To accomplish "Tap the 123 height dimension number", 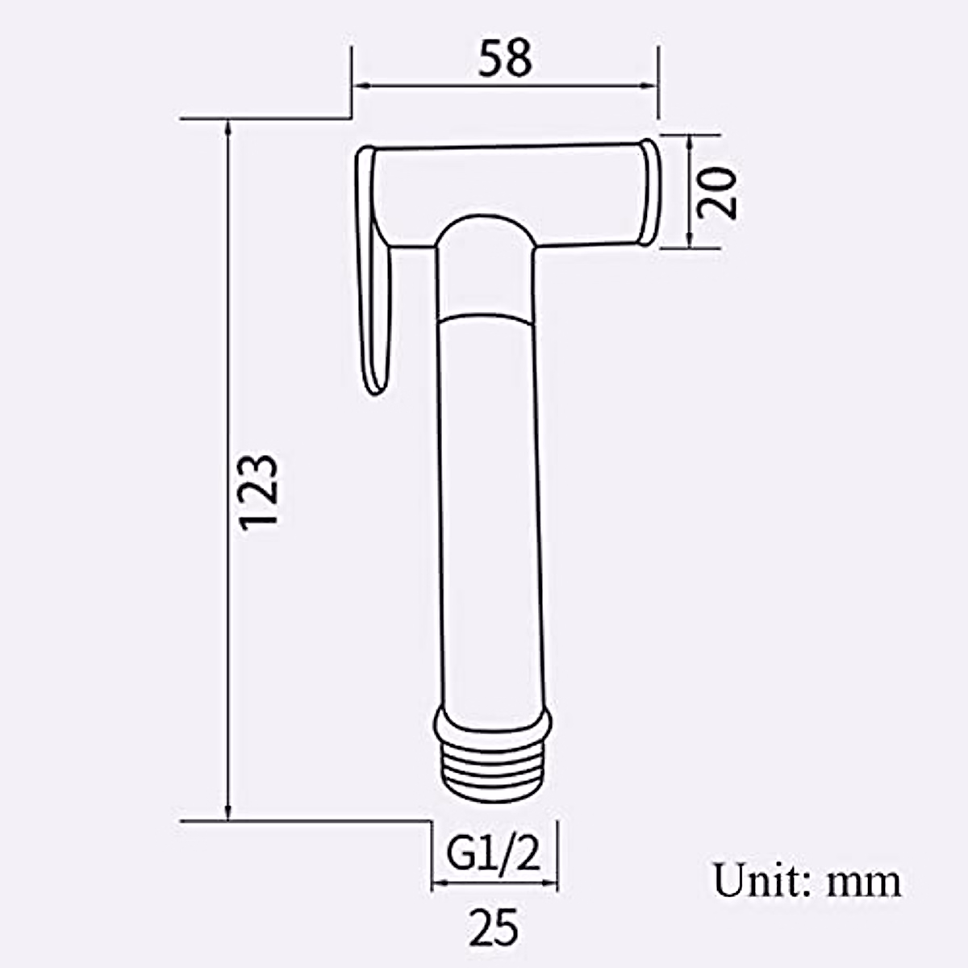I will click(x=260, y=490).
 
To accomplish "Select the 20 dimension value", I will click(x=717, y=192).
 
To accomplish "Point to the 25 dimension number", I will click(x=494, y=926).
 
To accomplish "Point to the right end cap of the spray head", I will click(x=649, y=192).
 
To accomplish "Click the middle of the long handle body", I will click(x=485, y=516).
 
